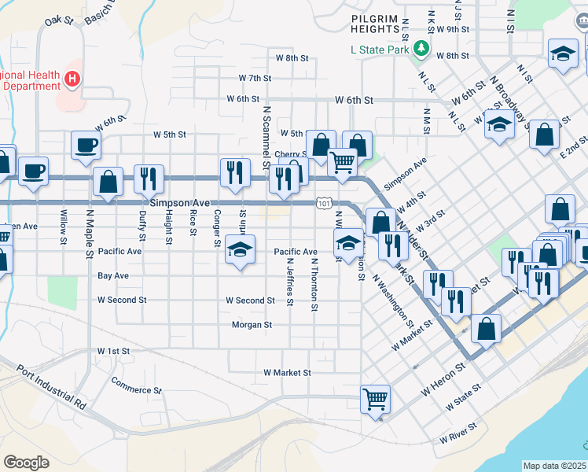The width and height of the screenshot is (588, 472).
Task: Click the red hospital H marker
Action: coord(72,79)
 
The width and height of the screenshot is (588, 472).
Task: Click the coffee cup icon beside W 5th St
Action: coord(86,145)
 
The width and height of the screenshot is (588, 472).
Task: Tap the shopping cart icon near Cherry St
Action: coord(341,162)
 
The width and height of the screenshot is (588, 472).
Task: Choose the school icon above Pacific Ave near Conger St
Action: coord(241,249)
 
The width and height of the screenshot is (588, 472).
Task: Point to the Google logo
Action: coord(26,462)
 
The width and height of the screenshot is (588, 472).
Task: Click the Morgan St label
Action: coord(252,324)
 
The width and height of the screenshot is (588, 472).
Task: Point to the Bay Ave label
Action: coord(113,276)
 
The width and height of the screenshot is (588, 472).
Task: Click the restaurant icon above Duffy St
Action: coord(147,179)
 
